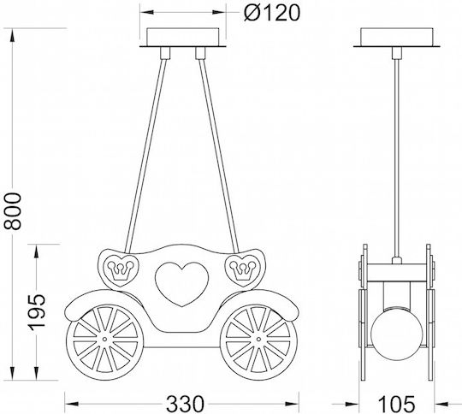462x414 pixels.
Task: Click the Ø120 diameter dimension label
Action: (x=272, y=13)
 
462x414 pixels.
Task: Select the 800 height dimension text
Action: (x=12, y=211)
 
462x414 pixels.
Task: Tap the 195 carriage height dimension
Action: (x=37, y=311)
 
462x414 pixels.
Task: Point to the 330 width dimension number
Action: (x=185, y=404)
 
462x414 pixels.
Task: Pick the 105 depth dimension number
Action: (x=396, y=404)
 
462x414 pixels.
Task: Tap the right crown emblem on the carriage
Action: (x=242, y=270)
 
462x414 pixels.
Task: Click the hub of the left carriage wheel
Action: (x=105, y=340)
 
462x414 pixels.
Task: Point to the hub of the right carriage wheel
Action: (x=258, y=340)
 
